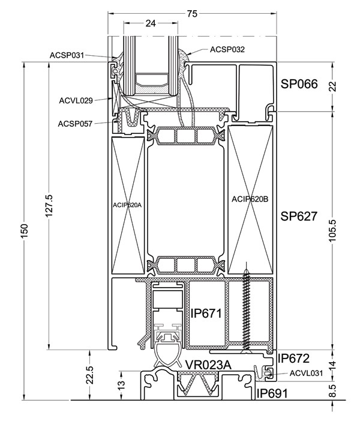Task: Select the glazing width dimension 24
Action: point(151,23)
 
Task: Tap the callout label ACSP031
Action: point(67,56)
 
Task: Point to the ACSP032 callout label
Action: point(227,49)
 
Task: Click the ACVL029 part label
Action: point(76,100)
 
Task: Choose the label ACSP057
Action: point(75,124)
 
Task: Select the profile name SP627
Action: point(298,216)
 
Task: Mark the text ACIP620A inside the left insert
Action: point(127,205)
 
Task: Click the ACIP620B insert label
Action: point(250,199)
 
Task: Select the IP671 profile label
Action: point(206,313)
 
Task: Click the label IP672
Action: point(293,359)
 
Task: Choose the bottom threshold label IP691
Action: point(273,394)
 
